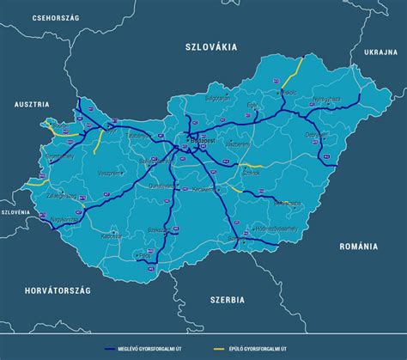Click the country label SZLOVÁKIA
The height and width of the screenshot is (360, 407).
point(210,47)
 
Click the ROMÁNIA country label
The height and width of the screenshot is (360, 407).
point(358,246)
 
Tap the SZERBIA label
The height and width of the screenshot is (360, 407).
point(227,299)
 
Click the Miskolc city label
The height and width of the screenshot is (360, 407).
point(288,92)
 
